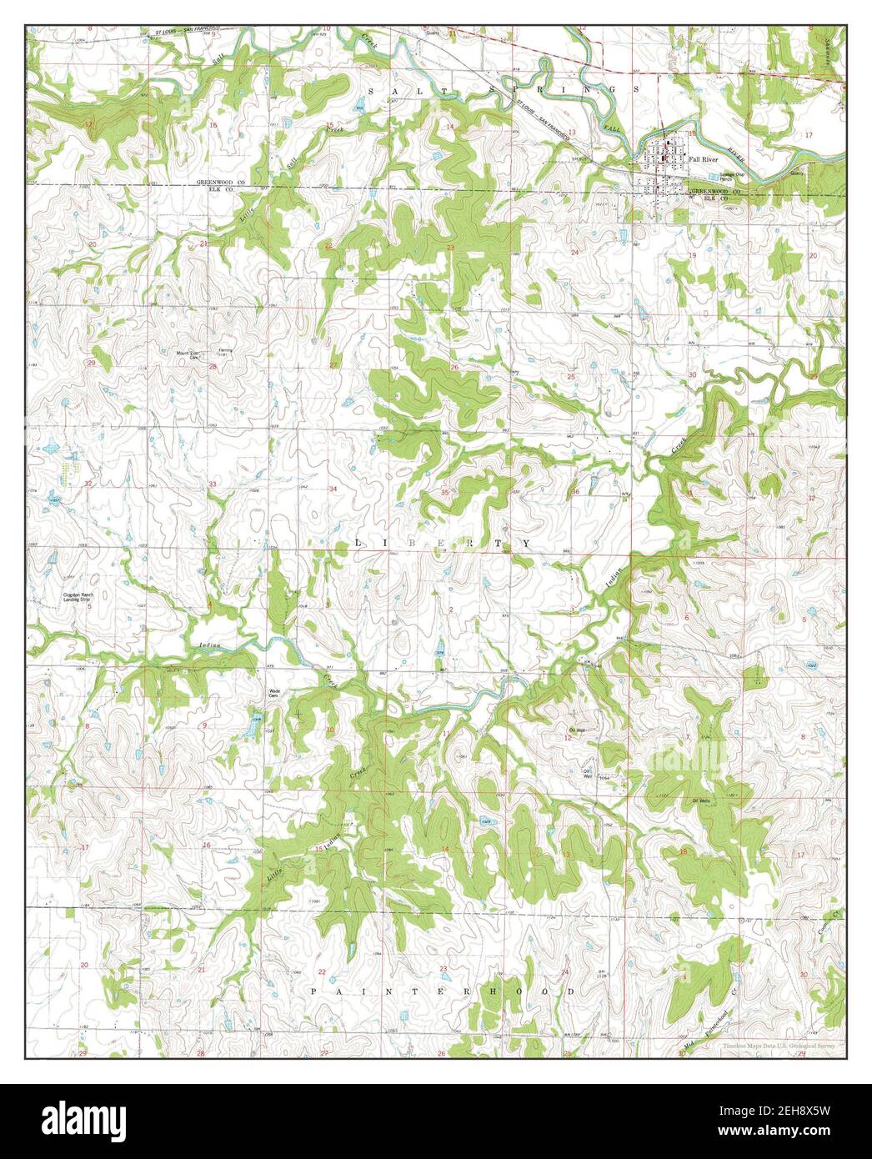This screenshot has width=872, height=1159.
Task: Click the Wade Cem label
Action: click(x=273, y=693)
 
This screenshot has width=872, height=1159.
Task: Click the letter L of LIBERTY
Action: click(x=358, y=543)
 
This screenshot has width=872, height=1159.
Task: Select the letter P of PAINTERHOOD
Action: click(x=315, y=991)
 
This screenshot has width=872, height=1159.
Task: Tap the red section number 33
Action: click(x=213, y=484)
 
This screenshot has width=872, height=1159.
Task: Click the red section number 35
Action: click(x=445, y=492)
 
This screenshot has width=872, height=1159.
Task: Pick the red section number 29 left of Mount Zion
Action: click(x=91, y=364)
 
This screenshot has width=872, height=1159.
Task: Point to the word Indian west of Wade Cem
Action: click(x=211, y=645)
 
